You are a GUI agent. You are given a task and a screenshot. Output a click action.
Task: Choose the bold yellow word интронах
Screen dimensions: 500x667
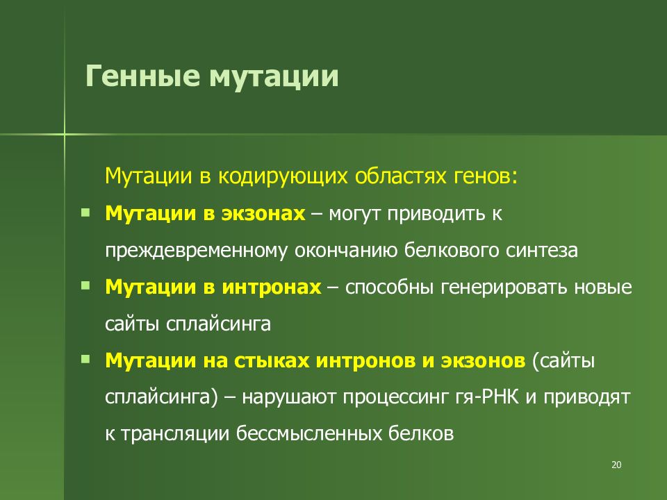pyautogui.click(x=272, y=287)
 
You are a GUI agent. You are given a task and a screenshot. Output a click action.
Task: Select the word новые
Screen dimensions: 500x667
pyautogui.click(x=606, y=287)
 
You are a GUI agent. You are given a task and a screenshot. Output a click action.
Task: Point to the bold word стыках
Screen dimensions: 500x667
pyautogui.click(x=275, y=361)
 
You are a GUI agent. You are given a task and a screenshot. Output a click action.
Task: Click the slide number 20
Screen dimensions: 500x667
pyautogui.click(x=616, y=465)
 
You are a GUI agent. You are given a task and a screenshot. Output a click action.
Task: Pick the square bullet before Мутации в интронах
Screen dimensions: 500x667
pyautogui.click(x=85, y=285)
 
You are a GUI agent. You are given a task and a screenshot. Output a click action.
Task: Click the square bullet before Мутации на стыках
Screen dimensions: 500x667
pyautogui.click(x=85, y=359)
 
